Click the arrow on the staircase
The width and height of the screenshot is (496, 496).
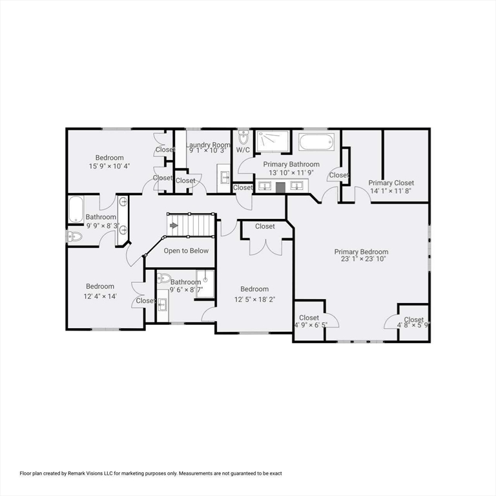(174, 225)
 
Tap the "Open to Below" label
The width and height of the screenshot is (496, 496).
(186, 251)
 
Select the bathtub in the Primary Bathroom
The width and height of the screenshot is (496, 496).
(315, 142)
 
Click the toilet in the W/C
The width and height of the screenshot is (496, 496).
(243, 138)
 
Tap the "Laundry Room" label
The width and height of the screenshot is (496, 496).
(208, 145)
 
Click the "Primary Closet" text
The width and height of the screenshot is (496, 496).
(391, 183)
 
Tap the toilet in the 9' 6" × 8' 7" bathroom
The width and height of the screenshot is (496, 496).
(164, 278)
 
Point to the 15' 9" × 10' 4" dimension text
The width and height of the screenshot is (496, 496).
(109, 166)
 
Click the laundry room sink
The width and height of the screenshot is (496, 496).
(224, 176)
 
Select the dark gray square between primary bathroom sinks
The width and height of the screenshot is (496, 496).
(280, 187)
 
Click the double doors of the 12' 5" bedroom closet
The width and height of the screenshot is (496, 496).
(265, 246)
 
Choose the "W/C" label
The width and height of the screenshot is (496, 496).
(243, 150)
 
